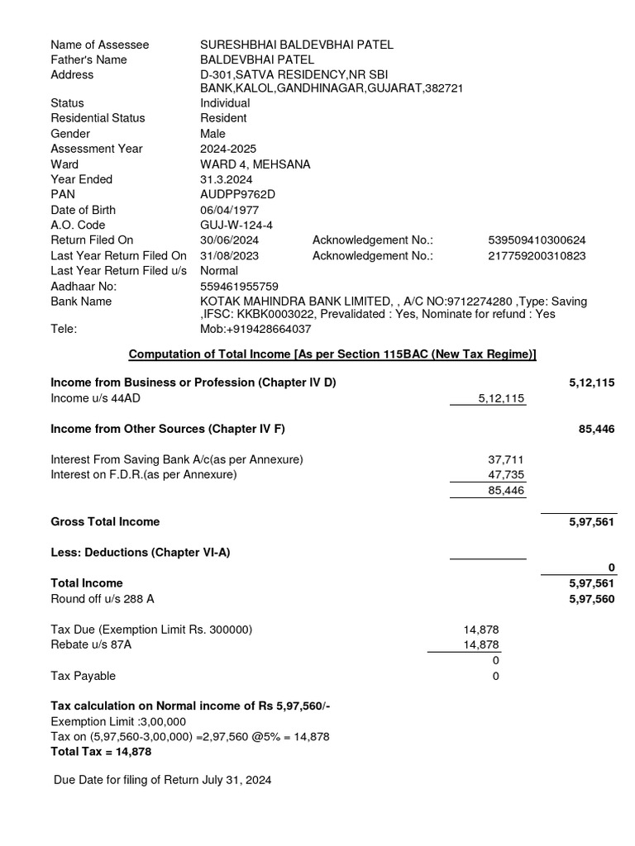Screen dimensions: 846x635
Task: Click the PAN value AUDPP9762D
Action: click(237, 194)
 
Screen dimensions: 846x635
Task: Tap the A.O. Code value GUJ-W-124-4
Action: click(236, 225)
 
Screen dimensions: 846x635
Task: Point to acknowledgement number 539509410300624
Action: click(537, 240)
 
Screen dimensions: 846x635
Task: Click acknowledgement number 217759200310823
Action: click(537, 255)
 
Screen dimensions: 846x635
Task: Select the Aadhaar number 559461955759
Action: click(240, 286)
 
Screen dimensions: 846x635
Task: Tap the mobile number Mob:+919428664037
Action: click(255, 329)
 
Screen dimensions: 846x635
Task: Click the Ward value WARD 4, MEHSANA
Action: click(255, 164)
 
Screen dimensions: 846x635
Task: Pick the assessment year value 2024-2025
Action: click(229, 149)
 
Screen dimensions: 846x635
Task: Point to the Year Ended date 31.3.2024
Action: click(226, 179)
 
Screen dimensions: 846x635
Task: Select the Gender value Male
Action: click(212, 134)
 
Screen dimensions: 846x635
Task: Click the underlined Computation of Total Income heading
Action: click(332, 354)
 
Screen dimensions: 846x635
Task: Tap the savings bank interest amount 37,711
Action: click(506, 459)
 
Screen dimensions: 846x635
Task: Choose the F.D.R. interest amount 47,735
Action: click(506, 474)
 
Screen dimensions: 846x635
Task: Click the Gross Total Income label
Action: click(105, 522)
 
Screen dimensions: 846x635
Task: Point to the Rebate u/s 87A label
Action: click(91, 645)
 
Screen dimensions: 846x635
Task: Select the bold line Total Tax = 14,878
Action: click(101, 752)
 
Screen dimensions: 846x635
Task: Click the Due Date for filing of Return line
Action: click(162, 780)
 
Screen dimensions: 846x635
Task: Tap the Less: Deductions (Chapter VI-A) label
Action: click(140, 552)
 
